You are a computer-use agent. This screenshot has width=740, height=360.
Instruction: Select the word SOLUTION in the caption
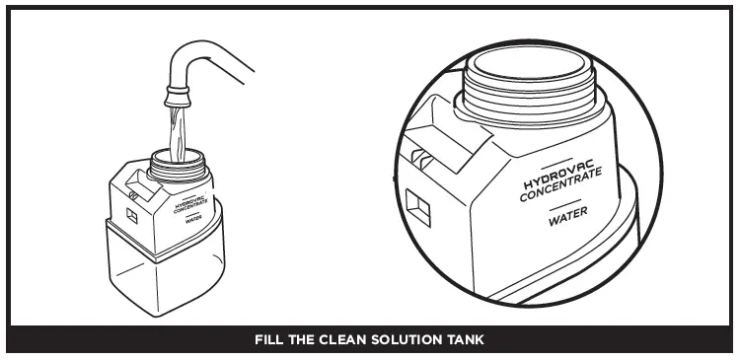click(x=404, y=340)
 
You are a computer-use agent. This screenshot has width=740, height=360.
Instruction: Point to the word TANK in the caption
click(x=464, y=340)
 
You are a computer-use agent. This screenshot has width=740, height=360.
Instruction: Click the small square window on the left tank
click(x=131, y=211)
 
